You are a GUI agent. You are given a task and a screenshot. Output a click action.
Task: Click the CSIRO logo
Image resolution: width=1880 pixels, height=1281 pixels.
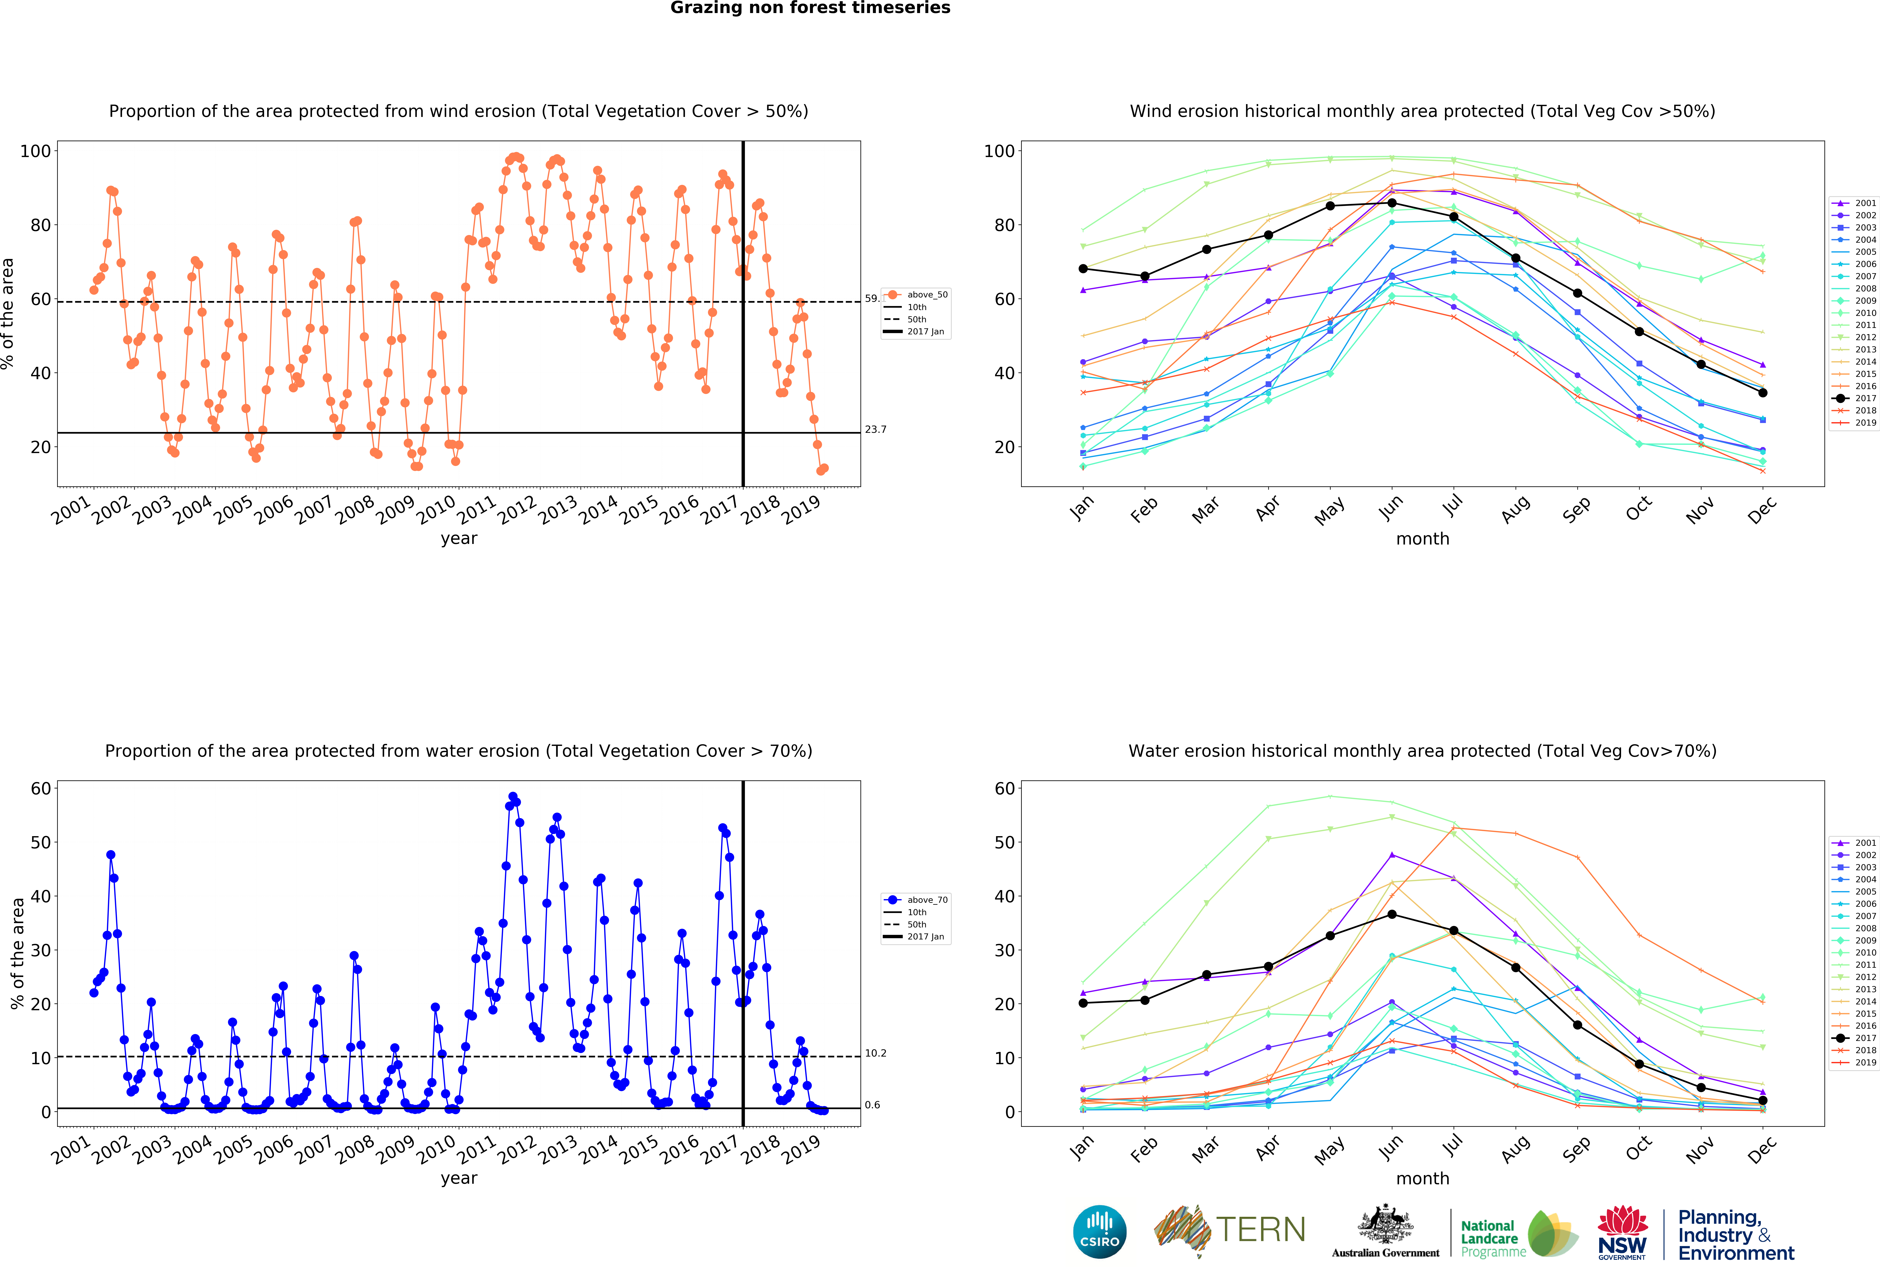click(x=1099, y=1232)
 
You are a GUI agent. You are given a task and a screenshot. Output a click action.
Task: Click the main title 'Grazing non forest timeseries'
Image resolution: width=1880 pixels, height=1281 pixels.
click(x=810, y=8)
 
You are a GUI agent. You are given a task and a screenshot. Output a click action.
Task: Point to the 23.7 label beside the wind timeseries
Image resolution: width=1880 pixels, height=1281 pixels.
click(x=875, y=429)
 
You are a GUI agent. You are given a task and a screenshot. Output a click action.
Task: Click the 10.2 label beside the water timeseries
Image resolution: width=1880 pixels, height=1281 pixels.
click(x=875, y=1053)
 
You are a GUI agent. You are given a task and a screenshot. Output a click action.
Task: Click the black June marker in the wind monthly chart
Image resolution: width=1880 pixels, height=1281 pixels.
click(x=1391, y=203)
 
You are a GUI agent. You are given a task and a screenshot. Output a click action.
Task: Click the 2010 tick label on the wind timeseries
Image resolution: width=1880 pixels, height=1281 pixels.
click(x=435, y=509)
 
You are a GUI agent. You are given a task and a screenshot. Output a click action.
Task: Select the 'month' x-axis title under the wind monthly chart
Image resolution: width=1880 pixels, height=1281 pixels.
click(x=1422, y=539)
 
